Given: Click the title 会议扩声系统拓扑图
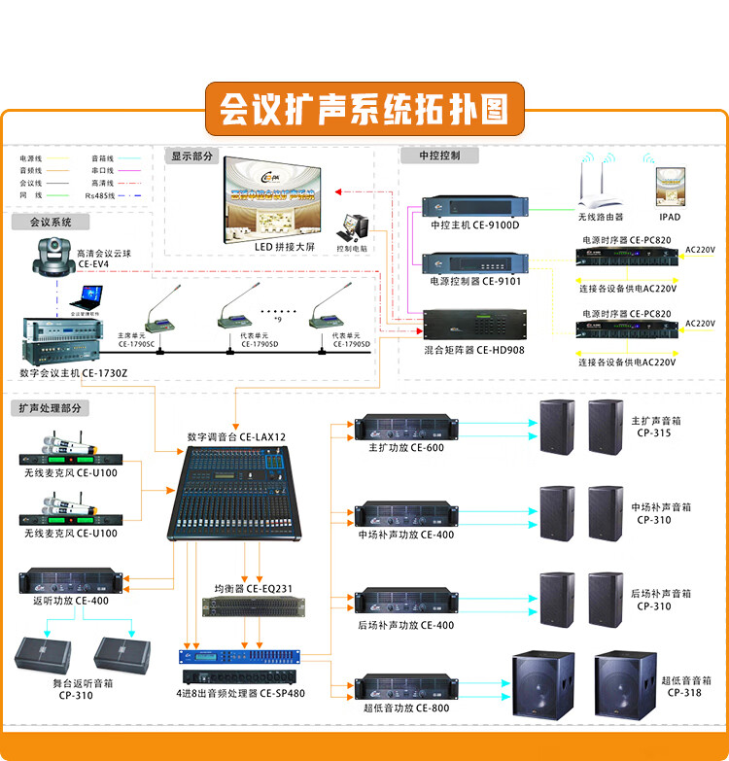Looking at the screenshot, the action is (x=364, y=108).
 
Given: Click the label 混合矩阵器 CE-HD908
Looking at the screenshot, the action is (x=474, y=350).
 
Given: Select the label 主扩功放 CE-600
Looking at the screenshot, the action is (x=405, y=448).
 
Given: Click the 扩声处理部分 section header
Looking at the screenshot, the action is (x=51, y=408).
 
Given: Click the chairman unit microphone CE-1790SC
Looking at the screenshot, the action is (x=156, y=311).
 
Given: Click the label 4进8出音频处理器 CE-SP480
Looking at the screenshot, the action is (x=240, y=694).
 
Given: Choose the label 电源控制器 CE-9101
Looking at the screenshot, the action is (x=475, y=282).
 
